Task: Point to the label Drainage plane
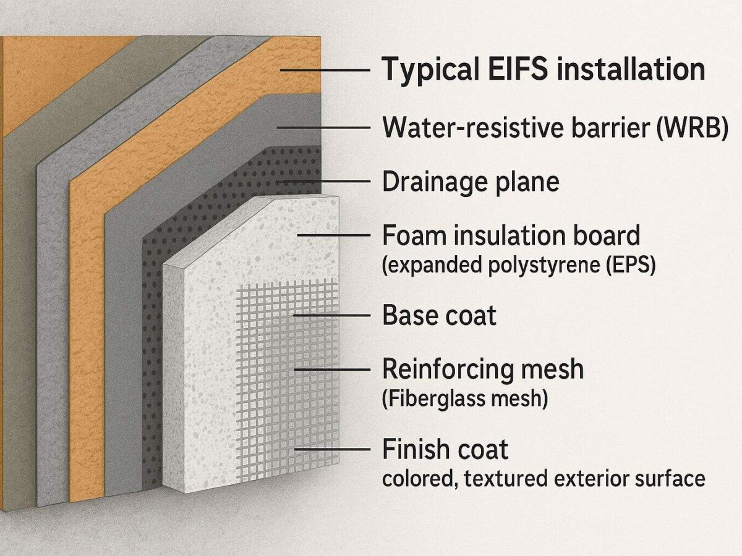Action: pyautogui.click(x=471, y=182)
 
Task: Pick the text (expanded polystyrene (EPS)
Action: pyautogui.click(x=519, y=266)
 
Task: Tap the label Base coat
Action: pyautogui.click(x=439, y=315)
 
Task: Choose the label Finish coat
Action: pyautogui.click(x=445, y=450)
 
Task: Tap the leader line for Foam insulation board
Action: pyautogui.click(x=334, y=236)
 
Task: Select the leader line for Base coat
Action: pyautogui.click(x=331, y=315)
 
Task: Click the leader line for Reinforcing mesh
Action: pyautogui.click(x=331, y=369)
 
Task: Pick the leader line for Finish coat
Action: pyautogui.click(x=331, y=450)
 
